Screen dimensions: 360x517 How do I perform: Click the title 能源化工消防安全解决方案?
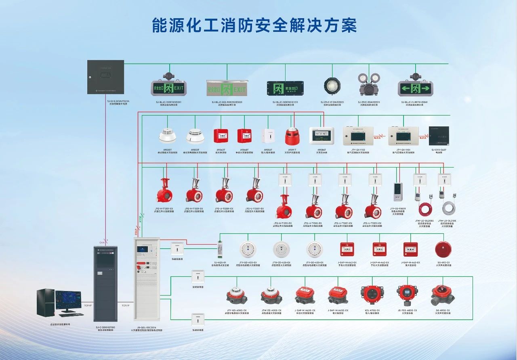254,25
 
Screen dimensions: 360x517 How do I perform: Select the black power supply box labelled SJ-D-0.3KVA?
106,77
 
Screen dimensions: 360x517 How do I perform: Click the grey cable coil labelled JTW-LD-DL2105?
449,208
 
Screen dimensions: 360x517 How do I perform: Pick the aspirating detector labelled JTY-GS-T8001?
398,192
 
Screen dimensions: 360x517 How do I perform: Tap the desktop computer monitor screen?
68,300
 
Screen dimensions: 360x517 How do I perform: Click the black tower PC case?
46,302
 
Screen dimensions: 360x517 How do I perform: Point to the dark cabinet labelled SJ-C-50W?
105,283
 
